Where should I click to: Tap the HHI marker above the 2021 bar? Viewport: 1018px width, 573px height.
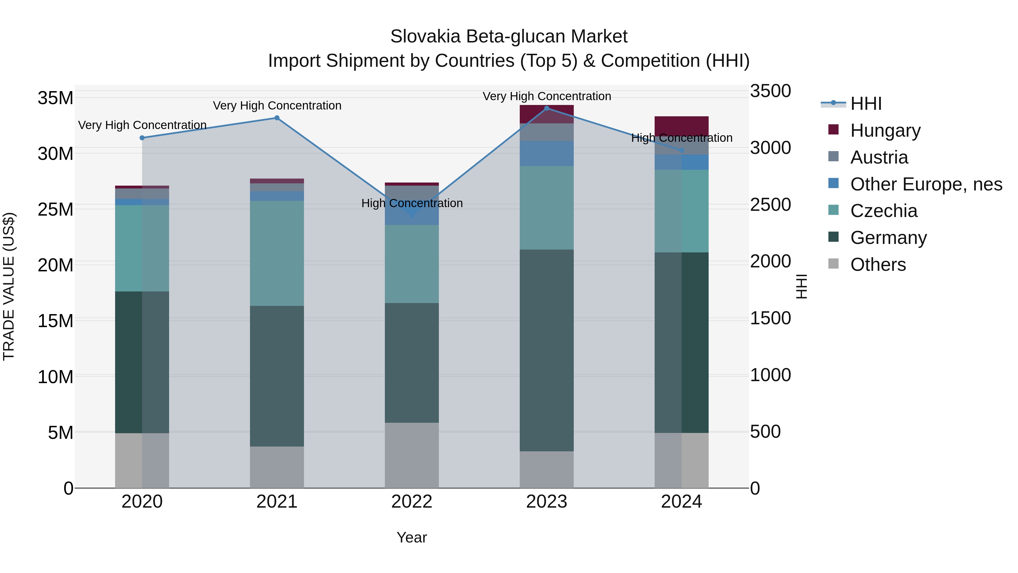coord(277,118)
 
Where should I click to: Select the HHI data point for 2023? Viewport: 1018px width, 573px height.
coord(547,108)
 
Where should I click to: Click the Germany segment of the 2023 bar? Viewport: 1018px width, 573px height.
coord(547,350)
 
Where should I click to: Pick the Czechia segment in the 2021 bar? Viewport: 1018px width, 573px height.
coord(277,253)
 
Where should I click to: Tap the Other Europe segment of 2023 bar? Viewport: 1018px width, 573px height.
coord(547,153)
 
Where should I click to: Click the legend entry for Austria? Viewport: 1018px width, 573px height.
coord(879,157)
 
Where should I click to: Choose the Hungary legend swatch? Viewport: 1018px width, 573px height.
coord(833,130)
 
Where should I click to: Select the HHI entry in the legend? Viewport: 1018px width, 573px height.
coord(866,104)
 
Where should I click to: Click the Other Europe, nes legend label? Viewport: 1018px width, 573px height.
coord(926,184)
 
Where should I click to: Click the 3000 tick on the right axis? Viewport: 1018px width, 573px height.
coord(770,148)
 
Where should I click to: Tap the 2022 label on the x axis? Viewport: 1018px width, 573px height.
coord(412,502)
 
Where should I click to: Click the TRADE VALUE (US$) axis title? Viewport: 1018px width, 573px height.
coord(9,286)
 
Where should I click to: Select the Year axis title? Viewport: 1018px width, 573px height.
coord(412,537)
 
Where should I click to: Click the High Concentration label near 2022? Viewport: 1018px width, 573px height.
coord(412,203)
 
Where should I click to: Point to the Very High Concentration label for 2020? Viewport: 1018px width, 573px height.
coord(142,125)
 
